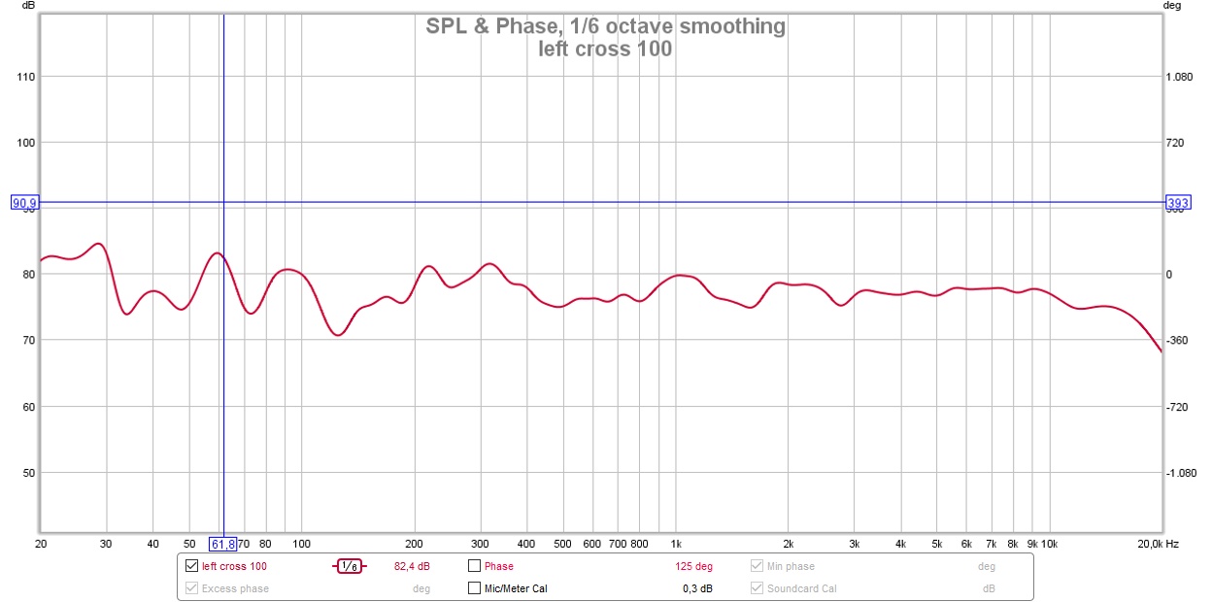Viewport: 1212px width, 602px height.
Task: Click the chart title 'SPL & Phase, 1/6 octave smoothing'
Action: pyautogui.click(x=605, y=26)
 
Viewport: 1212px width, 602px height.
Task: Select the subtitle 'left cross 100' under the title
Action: pyautogui.click(x=605, y=49)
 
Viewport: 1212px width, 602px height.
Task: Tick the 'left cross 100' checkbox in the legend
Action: pyautogui.click(x=191, y=566)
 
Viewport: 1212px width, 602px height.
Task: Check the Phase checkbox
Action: pyautogui.click(x=475, y=566)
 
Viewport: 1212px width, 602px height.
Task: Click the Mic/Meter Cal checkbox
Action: pyautogui.click(x=475, y=588)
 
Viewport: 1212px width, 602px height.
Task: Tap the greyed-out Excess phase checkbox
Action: pyautogui.click(x=191, y=588)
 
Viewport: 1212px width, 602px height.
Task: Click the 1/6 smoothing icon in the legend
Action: pyautogui.click(x=350, y=566)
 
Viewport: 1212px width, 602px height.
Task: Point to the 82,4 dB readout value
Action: pyautogui.click(x=412, y=566)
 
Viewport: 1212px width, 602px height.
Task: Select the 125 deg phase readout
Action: pyautogui.click(x=694, y=566)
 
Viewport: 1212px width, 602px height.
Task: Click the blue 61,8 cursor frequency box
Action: pyautogui.click(x=223, y=544)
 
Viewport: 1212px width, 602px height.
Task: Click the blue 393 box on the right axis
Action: pyautogui.click(x=1178, y=203)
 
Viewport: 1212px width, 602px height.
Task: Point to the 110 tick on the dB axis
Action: pyautogui.click(x=26, y=77)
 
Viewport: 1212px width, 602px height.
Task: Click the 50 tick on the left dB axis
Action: pyautogui.click(x=29, y=473)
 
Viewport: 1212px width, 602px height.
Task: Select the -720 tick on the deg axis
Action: pyautogui.click(x=1179, y=407)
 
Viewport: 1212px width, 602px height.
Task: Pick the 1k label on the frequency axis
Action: pyautogui.click(x=677, y=544)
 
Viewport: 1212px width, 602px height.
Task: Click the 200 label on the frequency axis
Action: pyautogui.click(x=415, y=544)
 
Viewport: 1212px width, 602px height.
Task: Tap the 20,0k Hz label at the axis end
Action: pyautogui.click(x=1159, y=544)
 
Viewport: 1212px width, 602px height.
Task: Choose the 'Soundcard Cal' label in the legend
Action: pyautogui.click(x=801, y=588)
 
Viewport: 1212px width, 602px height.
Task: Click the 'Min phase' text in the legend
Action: pyautogui.click(x=791, y=566)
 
